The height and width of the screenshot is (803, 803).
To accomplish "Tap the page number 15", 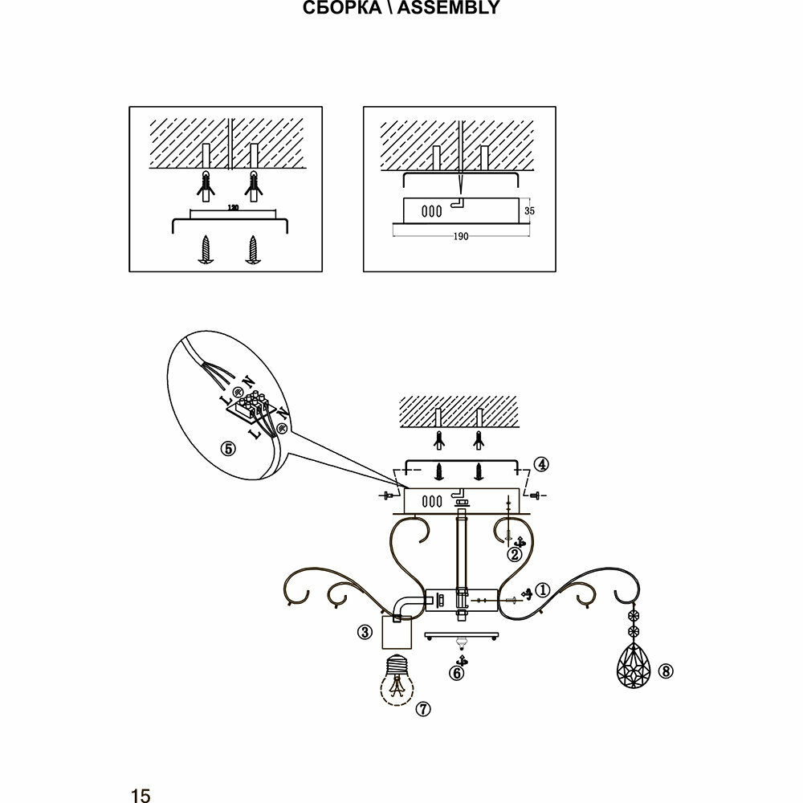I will click(x=141, y=795).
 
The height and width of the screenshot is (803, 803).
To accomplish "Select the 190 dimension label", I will click(x=460, y=237).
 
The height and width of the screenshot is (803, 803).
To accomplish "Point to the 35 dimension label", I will click(x=529, y=211).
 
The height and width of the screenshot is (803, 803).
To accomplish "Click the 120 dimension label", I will click(x=233, y=209).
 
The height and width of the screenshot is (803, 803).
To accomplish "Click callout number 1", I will click(x=543, y=589).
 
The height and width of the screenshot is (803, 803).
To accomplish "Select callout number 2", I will click(x=515, y=554).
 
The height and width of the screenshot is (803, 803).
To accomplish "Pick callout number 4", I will click(x=543, y=464).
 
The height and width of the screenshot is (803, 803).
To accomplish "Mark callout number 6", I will click(x=456, y=674).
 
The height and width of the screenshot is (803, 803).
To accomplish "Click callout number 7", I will click(x=423, y=709).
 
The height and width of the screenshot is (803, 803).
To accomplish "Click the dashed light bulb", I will click(x=395, y=680).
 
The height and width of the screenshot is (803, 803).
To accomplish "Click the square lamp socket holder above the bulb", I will click(x=395, y=633).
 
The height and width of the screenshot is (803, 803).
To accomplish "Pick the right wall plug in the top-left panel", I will click(x=254, y=187).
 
